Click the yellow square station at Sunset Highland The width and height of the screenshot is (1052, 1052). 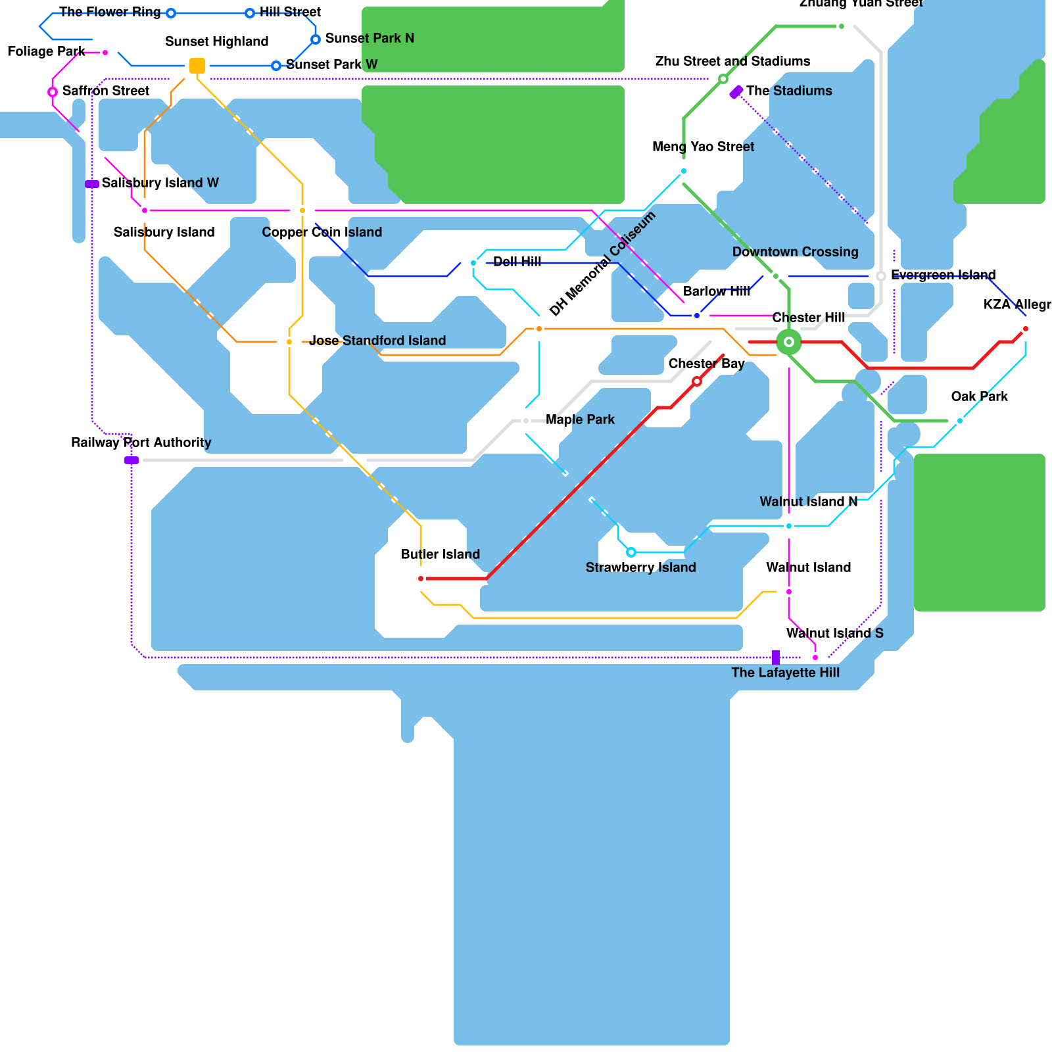(x=197, y=66)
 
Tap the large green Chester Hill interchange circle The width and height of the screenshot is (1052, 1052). (x=789, y=342)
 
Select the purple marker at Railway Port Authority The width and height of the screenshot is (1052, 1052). (x=131, y=460)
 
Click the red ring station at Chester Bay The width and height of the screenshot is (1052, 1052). (x=697, y=381)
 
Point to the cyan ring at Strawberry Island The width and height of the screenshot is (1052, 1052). (x=631, y=552)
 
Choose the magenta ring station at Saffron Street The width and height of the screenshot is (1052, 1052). (x=53, y=92)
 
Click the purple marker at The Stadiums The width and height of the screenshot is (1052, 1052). (x=736, y=92)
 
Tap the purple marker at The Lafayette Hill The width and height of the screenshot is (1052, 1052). (x=776, y=657)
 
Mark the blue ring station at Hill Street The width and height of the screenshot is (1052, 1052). (x=250, y=13)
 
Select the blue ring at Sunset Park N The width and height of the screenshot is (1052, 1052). (x=316, y=39)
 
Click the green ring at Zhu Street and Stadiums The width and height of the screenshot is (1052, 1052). (x=723, y=79)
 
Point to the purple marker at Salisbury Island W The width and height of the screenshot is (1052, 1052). (x=92, y=184)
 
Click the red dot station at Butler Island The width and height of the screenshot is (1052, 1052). (x=421, y=579)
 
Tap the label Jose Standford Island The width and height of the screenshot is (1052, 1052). (x=377, y=341)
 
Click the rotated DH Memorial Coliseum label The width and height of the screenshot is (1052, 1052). (x=602, y=264)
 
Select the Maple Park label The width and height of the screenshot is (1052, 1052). (x=580, y=419)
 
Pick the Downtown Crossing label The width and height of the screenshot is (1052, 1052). (x=795, y=252)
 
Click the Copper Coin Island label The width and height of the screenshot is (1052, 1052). (x=322, y=232)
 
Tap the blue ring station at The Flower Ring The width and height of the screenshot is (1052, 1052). (x=171, y=13)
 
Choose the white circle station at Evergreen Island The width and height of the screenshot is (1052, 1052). (x=881, y=276)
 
